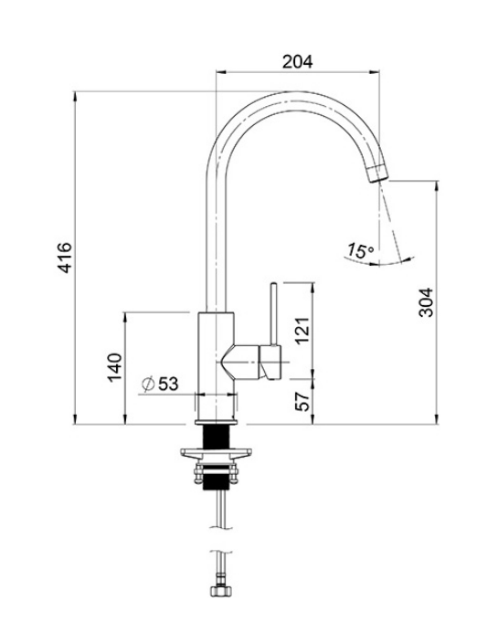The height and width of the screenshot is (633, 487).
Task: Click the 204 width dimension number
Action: tap(297, 62)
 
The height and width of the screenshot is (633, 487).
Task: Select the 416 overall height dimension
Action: tap(65, 258)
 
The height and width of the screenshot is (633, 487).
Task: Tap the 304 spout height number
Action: tap(426, 301)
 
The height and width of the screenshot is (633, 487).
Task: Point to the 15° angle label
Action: tap(360, 249)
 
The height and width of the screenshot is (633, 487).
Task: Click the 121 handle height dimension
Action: tap(302, 327)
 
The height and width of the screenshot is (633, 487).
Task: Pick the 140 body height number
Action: tap(114, 366)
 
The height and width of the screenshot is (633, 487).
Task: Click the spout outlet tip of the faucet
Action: tap(376, 174)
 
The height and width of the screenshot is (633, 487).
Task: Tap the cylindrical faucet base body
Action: tap(217, 365)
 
